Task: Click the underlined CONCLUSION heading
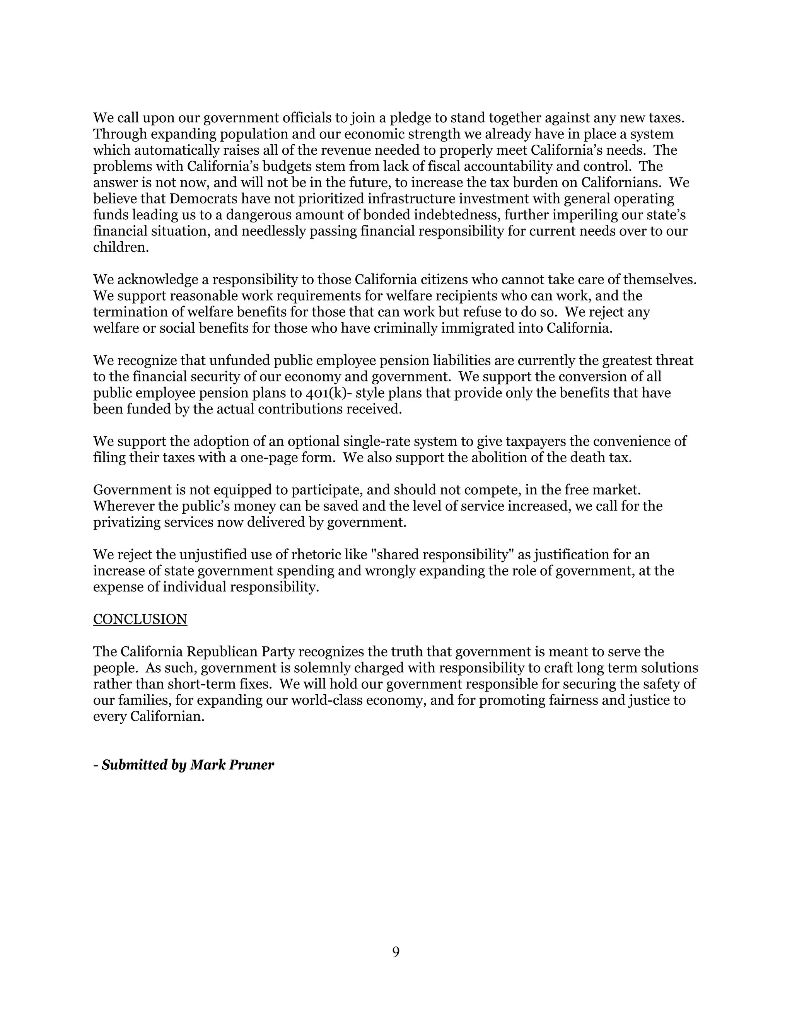140,620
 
